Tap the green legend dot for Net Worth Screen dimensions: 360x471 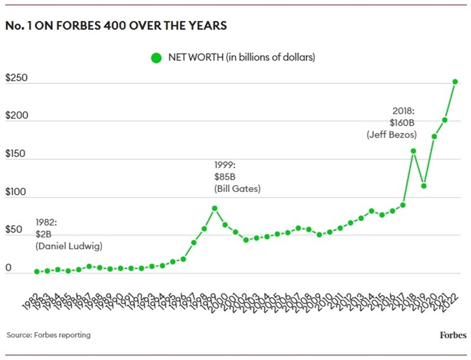pyautogui.click(x=156, y=58)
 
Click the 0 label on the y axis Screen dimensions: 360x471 pyautogui.click(x=9, y=268)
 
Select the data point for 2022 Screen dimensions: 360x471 pyautogui.click(x=455, y=82)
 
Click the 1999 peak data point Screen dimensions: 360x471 pyautogui.click(x=215, y=208)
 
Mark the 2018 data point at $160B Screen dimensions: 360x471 pyautogui.click(x=413, y=151)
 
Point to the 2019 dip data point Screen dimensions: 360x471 pyautogui.click(x=424, y=186)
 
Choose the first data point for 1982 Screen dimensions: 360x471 pyautogui.click(x=37, y=272)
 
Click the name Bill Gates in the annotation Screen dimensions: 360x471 pyautogui.click(x=237, y=189)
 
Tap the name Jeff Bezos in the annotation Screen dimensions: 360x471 pyautogui.click(x=392, y=135)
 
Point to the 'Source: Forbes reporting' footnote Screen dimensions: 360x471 pyautogui.click(x=49, y=335)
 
